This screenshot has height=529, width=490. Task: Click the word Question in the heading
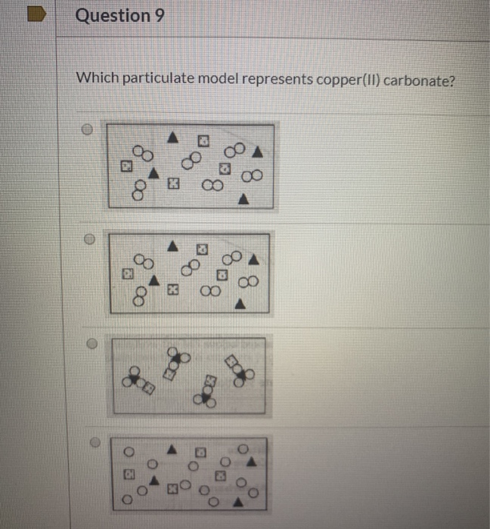point(113,15)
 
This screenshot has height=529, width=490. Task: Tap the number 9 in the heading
point(159,15)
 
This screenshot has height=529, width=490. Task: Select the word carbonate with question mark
point(419,79)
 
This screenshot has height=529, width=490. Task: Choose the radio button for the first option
point(88,129)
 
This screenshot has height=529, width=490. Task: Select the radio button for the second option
point(88,237)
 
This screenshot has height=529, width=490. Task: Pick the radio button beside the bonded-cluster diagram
point(91,342)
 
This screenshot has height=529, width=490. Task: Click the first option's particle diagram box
point(192,166)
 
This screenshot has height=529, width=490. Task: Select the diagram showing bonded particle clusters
point(188,375)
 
